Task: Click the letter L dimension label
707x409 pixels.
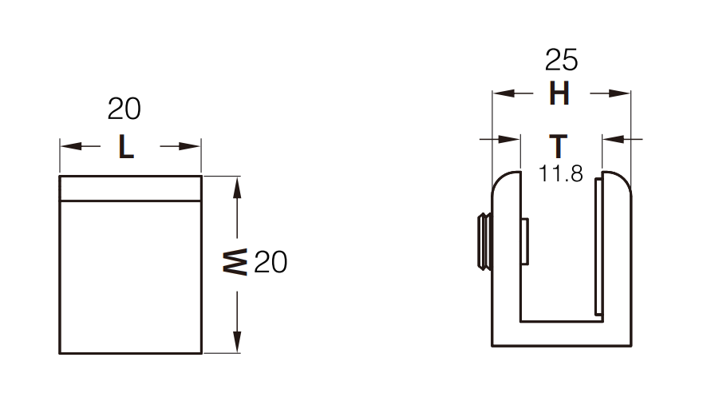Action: click(x=126, y=147)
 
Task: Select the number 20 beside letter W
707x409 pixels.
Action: click(x=271, y=262)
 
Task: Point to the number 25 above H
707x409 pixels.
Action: click(x=561, y=60)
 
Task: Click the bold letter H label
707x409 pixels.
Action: click(x=559, y=94)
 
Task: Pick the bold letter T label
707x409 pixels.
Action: click(x=559, y=147)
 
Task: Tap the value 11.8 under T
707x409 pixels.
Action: click(x=560, y=173)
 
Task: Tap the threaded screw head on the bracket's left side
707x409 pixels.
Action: click(x=483, y=242)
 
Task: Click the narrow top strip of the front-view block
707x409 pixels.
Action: click(x=130, y=189)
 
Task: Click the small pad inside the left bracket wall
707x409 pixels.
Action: click(x=524, y=242)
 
